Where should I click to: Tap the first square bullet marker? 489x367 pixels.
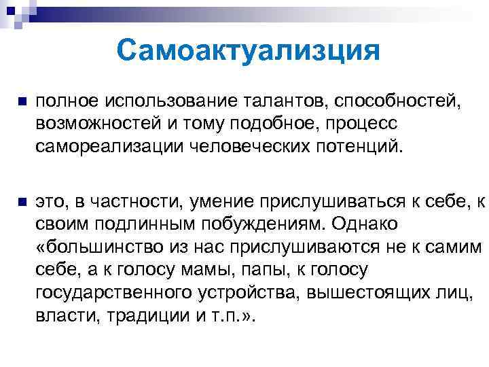tap(21, 101)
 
